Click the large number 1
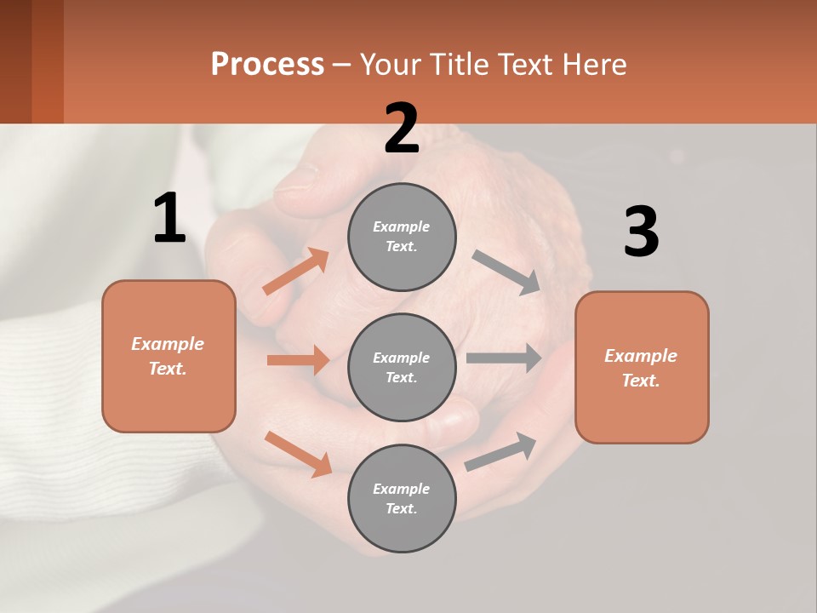pyautogui.click(x=169, y=218)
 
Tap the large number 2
pyautogui.click(x=402, y=129)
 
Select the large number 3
pyautogui.click(x=641, y=232)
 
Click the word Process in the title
pyautogui.click(x=267, y=64)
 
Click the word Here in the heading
pyautogui.click(x=596, y=64)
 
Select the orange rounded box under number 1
pyautogui.click(x=169, y=356)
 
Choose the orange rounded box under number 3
pyautogui.click(x=642, y=367)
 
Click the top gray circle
pyautogui.click(x=402, y=237)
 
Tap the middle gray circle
pyautogui.click(x=402, y=367)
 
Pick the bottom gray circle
pyautogui.click(x=402, y=498)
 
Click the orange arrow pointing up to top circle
pyautogui.click(x=296, y=271)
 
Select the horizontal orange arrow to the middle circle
pyautogui.click(x=298, y=360)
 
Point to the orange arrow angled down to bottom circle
pyautogui.click(x=299, y=454)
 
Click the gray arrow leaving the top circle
pyautogui.click(x=506, y=272)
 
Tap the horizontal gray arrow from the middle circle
pyautogui.click(x=504, y=358)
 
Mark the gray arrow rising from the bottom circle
pyautogui.click(x=501, y=451)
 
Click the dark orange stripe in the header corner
pyautogui.click(x=47, y=61)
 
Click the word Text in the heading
pyautogui.click(x=528, y=64)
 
